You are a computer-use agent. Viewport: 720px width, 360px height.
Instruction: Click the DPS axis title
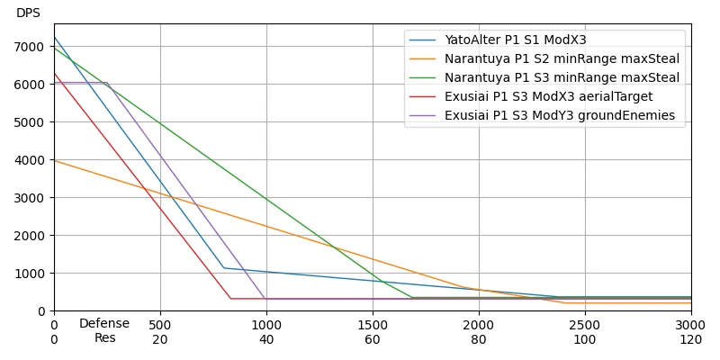coord(29,13)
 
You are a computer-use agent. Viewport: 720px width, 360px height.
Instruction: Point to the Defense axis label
coord(104,324)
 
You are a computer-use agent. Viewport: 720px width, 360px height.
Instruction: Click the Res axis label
coord(105,338)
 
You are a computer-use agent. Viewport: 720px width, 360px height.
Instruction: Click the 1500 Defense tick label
coord(373,324)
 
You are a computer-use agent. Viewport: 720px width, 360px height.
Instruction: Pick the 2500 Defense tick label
coord(585,324)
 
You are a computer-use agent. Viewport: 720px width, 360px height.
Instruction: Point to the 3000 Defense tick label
coord(691,324)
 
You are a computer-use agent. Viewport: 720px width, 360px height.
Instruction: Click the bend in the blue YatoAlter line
coord(224,267)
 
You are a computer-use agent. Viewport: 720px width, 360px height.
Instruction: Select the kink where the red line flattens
coord(230,299)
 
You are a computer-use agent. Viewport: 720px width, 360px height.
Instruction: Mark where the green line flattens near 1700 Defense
coord(413,298)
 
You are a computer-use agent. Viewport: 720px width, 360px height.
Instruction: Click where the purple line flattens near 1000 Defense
coord(265,299)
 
